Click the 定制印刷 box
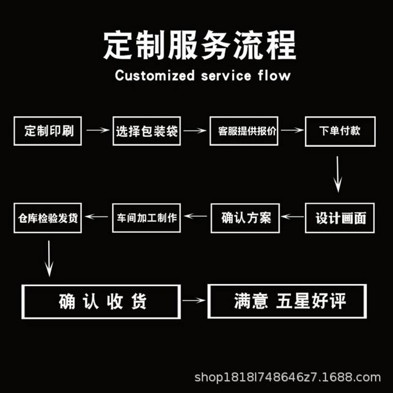[x=47, y=131]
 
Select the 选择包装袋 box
[x=146, y=131]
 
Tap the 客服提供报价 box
[x=244, y=131]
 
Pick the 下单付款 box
[x=340, y=131]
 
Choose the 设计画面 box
[x=340, y=218]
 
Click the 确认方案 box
[x=245, y=217]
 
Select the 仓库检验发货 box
[x=47, y=218]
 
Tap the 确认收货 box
[x=101, y=301]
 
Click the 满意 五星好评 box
[x=287, y=301]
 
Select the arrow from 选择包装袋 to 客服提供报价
[x=194, y=130]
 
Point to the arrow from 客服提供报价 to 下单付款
[x=292, y=130]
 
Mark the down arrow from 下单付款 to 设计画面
[x=338, y=174]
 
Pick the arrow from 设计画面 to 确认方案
[x=292, y=217]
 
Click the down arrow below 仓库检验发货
[x=49, y=258]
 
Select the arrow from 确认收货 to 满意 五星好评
[x=194, y=300]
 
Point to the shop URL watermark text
[x=288, y=378]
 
